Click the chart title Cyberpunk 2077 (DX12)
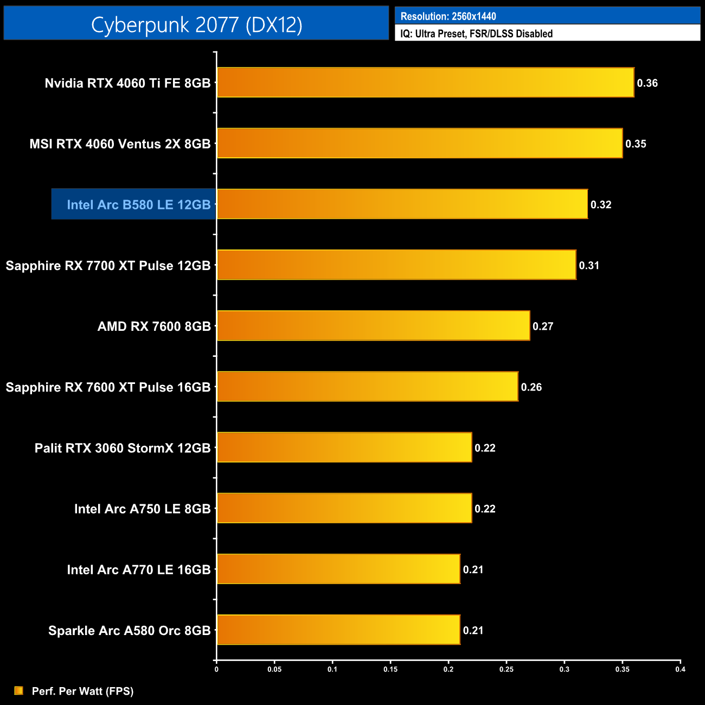[x=196, y=25]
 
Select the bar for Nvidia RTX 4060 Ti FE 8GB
[x=425, y=82]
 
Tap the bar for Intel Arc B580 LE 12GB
[x=402, y=204]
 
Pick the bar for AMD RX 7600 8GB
[x=373, y=325]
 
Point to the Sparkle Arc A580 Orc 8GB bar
[x=338, y=630]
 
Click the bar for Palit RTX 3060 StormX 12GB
[x=344, y=447]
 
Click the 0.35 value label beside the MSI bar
[x=636, y=144]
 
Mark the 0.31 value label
[x=589, y=265]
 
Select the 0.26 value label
[x=531, y=387]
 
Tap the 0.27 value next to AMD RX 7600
[x=543, y=326]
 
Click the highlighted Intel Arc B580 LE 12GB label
[x=138, y=204]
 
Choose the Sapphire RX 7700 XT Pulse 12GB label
[x=108, y=265]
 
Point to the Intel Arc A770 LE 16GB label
[x=138, y=569]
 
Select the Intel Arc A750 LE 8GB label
[x=142, y=509]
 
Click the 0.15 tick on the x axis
[x=390, y=669]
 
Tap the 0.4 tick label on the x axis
[x=680, y=669]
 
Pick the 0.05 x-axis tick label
[x=274, y=669]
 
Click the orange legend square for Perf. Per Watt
[x=19, y=690]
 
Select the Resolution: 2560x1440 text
[x=448, y=16]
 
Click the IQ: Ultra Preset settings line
[x=476, y=34]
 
